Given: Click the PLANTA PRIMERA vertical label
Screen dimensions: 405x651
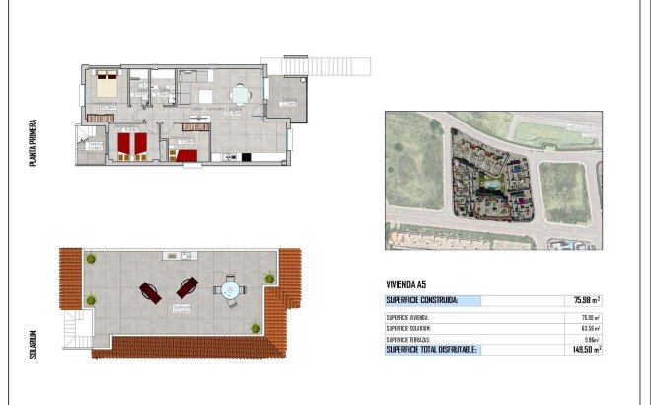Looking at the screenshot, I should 34,144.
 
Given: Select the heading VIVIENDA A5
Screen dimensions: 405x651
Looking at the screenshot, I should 406,283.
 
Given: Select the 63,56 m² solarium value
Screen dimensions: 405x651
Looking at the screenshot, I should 589,328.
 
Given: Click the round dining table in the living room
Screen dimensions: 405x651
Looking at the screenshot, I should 238,96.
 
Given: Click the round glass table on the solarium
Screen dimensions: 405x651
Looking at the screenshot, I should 229,291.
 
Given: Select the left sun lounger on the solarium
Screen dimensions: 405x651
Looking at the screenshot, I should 151,292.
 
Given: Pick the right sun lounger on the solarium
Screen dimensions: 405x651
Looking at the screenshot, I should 186,288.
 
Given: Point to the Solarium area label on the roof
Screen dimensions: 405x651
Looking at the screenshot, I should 181,309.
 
